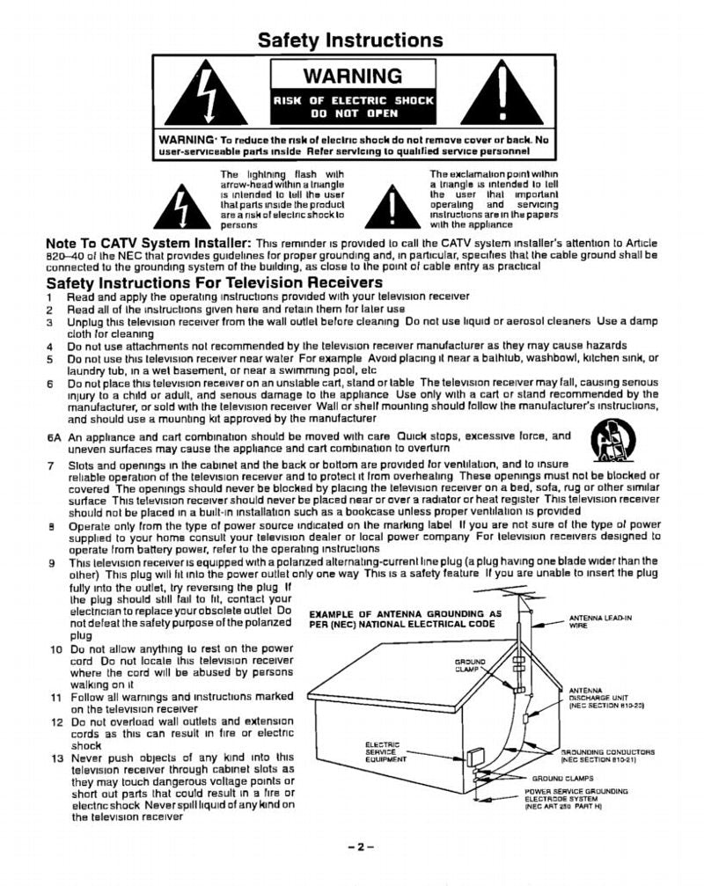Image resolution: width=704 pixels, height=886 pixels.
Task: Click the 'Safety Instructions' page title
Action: tap(350, 40)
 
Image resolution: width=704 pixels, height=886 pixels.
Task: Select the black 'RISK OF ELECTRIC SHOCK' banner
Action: tap(353, 106)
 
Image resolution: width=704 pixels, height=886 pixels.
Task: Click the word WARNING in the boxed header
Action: tap(352, 76)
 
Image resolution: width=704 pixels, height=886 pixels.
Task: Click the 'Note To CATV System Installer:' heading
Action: tap(149, 243)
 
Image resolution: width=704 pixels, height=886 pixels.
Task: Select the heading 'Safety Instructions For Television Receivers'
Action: tap(214, 282)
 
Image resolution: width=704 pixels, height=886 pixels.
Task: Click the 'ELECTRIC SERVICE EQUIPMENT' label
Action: tap(384, 752)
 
